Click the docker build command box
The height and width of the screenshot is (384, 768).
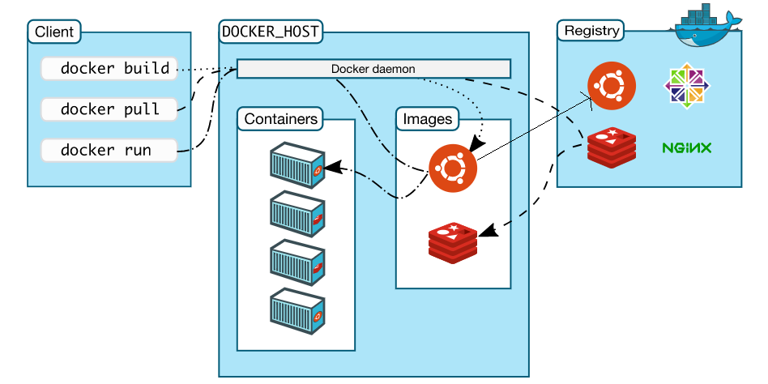pyautogui.click(x=109, y=69)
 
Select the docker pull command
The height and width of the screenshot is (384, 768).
pyautogui.click(x=109, y=109)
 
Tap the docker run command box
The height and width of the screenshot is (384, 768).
pyautogui.click(x=109, y=150)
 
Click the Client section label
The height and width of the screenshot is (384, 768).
pyautogui.click(x=54, y=32)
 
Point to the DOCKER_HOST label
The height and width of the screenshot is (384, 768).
pyautogui.click(x=271, y=32)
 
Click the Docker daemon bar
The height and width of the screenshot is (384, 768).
pyautogui.click(x=373, y=69)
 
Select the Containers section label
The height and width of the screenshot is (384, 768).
pyautogui.click(x=280, y=119)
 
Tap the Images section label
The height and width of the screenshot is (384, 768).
pyautogui.click(x=427, y=119)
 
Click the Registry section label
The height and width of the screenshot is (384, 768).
pyautogui.click(x=591, y=32)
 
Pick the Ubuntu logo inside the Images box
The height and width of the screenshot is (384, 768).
pyautogui.click(x=453, y=169)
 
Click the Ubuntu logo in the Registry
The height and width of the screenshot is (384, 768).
pyautogui.click(x=612, y=86)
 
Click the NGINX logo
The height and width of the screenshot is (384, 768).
pyautogui.click(x=686, y=147)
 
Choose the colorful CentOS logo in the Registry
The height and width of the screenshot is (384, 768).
pyautogui.click(x=687, y=86)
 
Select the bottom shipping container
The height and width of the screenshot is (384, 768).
pyautogui.click(x=297, y=309)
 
